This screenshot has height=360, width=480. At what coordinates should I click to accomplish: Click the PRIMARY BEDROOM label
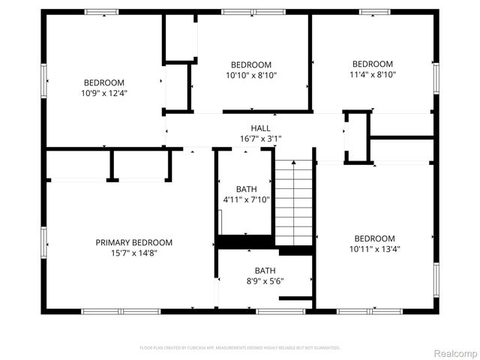coord(133,242)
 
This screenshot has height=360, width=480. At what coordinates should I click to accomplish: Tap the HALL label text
coord(260,128)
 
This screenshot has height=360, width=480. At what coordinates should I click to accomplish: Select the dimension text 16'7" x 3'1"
coord(260,139)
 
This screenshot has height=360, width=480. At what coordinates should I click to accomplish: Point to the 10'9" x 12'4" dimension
coord(103,93)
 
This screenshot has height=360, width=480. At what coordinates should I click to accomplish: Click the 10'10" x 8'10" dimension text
coord(250,75)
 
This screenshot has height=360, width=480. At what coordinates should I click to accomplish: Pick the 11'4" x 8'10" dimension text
coord(373,74)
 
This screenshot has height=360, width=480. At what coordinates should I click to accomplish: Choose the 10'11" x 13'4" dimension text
coord(374,249)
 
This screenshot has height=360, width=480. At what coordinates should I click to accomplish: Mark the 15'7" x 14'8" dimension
coord(133,253)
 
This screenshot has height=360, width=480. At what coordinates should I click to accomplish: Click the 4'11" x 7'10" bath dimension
coord(246,199)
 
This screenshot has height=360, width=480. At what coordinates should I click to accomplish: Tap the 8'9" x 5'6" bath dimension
coord(264,281)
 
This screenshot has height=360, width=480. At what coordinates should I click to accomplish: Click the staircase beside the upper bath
coord(292,202)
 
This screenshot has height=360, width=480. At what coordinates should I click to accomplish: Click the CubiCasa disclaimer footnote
coord(240,348)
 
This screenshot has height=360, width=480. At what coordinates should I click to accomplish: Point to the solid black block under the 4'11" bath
coord(244,241)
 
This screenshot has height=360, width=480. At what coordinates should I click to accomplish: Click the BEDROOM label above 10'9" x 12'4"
coord(103,82)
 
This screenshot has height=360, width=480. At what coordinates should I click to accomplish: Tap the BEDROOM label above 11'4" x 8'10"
coord(373,64)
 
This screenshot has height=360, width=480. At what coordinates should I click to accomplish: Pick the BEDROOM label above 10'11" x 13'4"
coord(374,238)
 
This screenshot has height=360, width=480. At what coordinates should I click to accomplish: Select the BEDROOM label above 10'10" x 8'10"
coord(250,64)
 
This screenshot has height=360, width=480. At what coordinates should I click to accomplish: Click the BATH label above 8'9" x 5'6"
coord(264,271)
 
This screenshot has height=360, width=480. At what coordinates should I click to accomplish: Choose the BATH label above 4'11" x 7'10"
coord(246,189)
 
